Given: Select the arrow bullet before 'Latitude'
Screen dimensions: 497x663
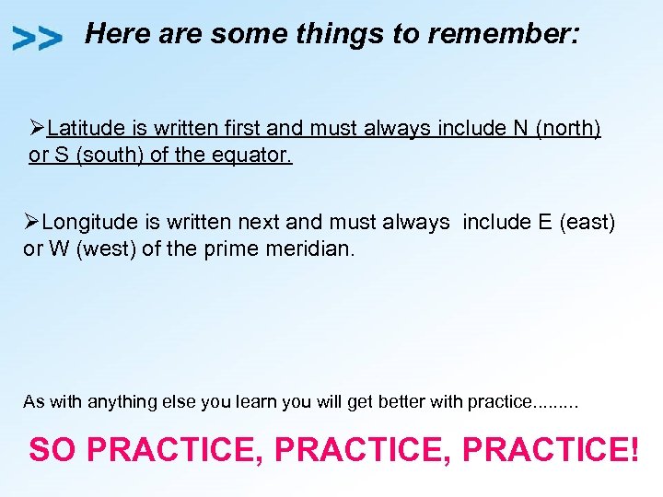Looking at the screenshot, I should tap(38, 128).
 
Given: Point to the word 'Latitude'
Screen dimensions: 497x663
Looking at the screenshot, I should tap(84, 128).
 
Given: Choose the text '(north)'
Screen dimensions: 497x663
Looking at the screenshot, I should tap(568, 128).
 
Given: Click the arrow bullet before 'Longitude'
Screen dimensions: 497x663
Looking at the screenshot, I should tap(32, 222).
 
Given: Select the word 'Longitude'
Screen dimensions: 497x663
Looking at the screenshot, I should tap(87, 222).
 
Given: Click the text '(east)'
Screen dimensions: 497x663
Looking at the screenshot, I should tap(587, 222).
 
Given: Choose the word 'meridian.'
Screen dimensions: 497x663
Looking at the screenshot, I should tap(314, 248).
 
